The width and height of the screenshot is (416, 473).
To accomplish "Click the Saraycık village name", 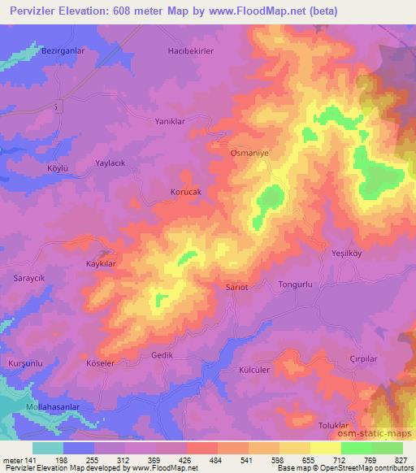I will (29, 277).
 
